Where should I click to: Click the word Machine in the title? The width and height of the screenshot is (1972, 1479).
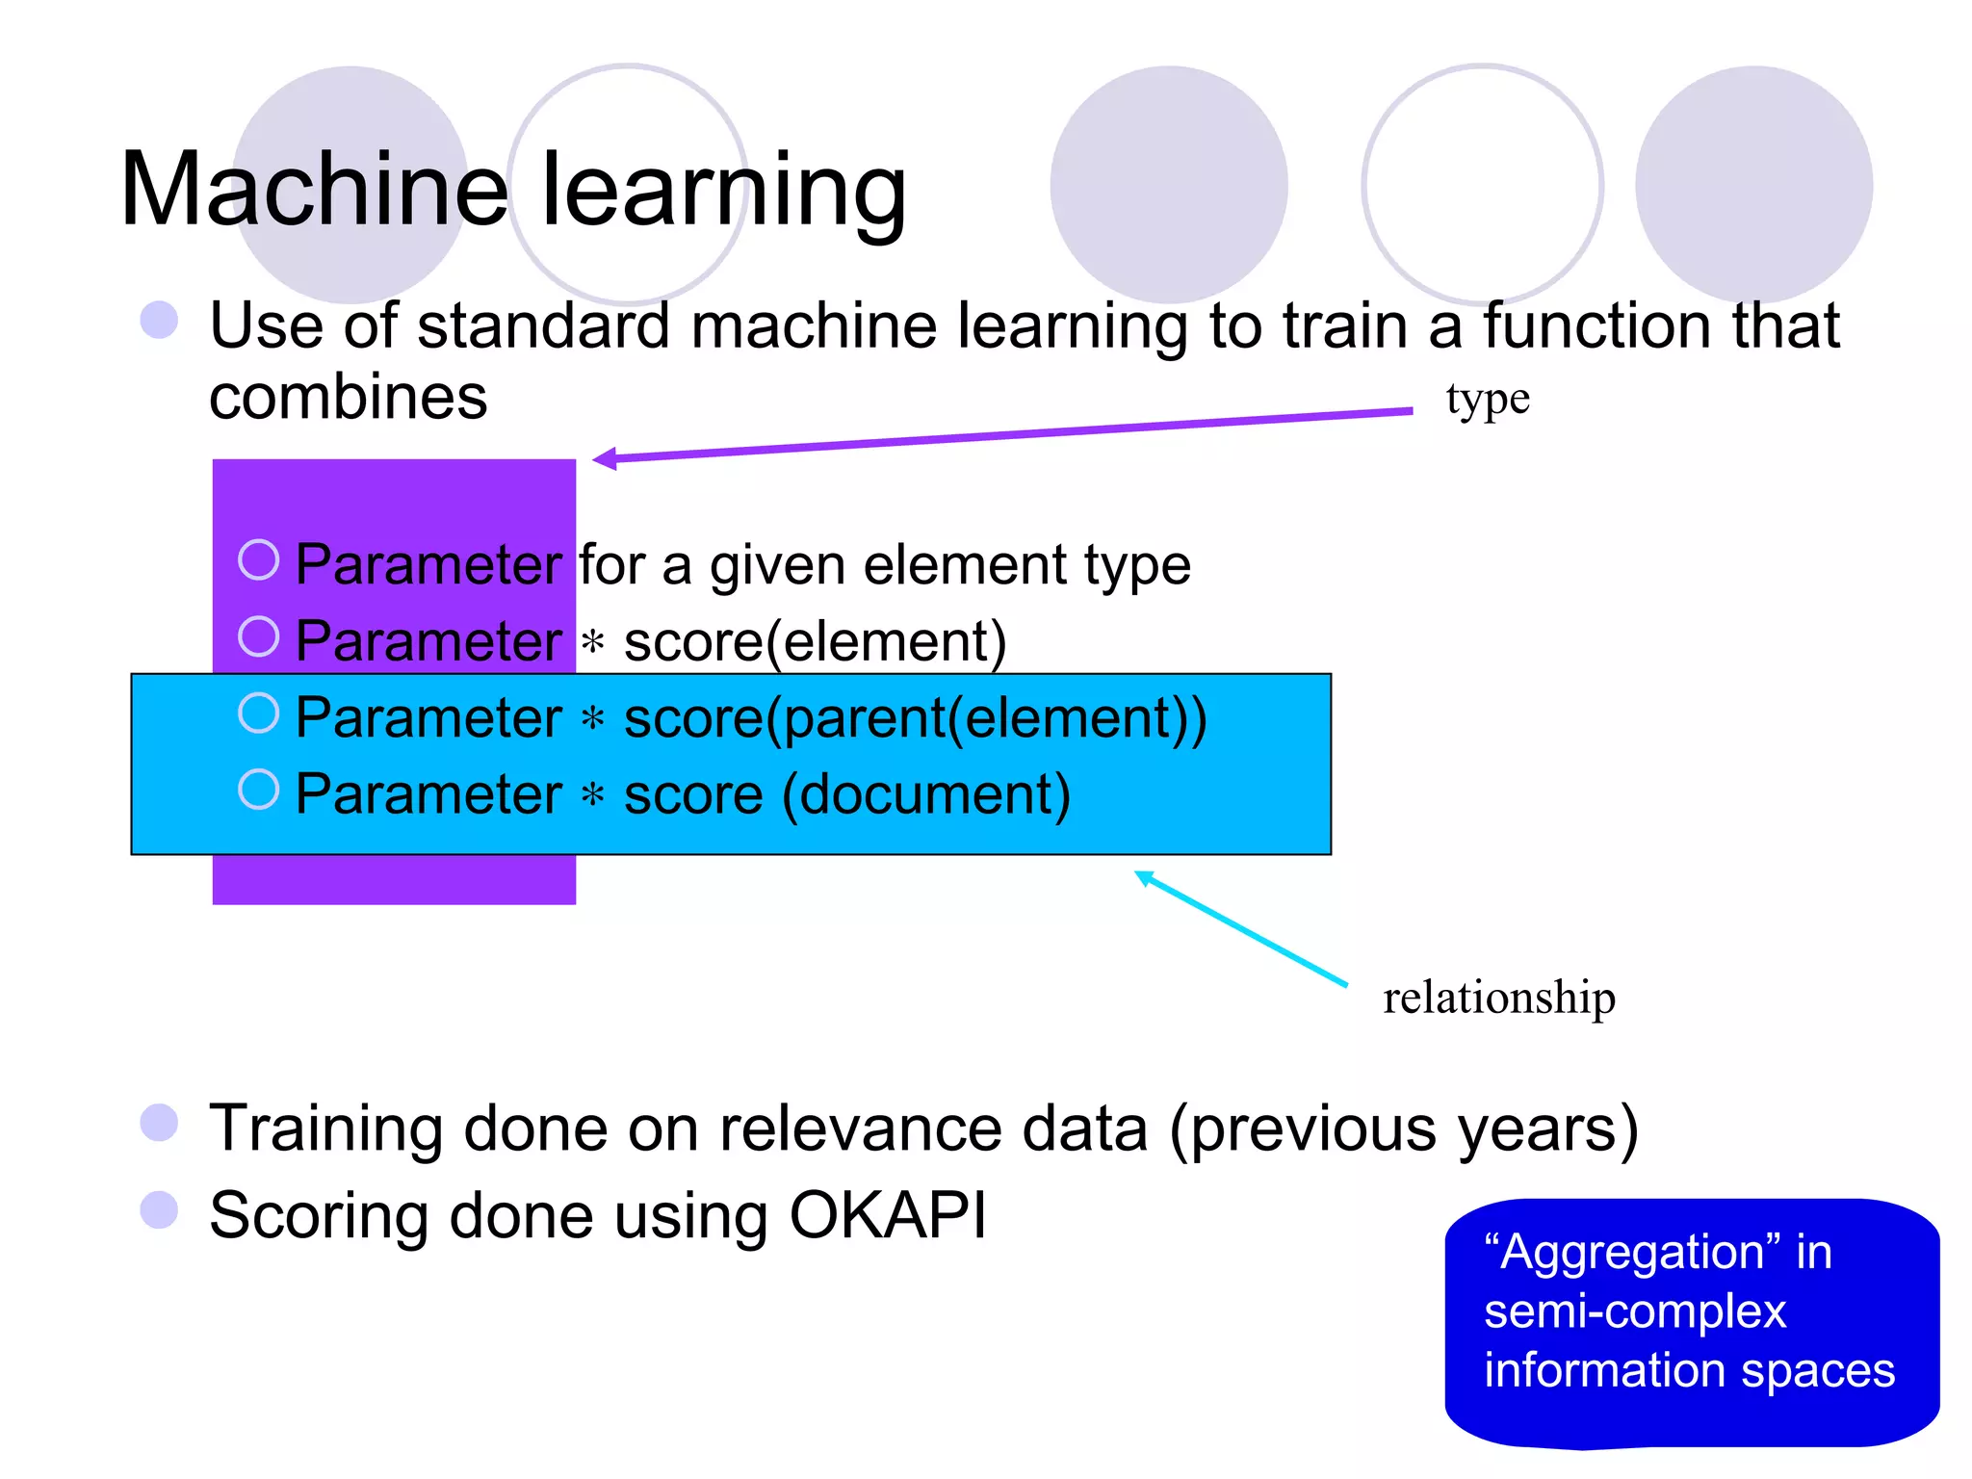(313, 190)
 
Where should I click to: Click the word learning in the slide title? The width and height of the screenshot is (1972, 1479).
(724, 190)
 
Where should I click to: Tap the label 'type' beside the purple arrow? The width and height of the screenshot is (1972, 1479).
(1488, 399)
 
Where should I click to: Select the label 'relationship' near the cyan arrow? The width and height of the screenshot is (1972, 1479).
(1498, 998)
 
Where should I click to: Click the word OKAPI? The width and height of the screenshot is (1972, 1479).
(888, 1215)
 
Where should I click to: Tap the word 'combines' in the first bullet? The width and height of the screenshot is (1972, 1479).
(348, 397)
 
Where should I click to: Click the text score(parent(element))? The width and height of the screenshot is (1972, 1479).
(915, 718)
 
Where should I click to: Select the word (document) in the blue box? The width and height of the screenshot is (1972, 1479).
(925, 795)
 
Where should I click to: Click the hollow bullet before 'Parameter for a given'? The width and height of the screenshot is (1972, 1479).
(259, 559)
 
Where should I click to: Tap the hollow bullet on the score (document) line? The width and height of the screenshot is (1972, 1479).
(259, 790)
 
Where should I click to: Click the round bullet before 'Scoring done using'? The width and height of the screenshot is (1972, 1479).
(159, 1210)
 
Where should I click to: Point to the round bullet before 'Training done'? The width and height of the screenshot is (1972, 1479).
(159, 1123)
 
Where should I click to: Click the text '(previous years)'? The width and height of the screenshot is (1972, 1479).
(1403, 1129)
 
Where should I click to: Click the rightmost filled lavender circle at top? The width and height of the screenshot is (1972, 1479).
(1753, 184)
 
